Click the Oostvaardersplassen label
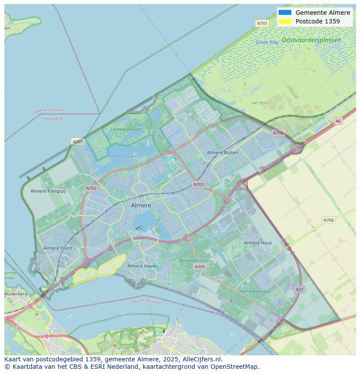point(311,40)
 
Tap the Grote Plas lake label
point(267,43)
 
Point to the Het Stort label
point(260,103)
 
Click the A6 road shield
point(338,121)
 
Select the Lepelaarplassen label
point(126,129)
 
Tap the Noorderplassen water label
point(122,156)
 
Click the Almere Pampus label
point(48,191)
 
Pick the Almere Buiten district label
point(223,152)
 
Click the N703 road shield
point(198,185)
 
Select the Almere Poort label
point(58,248)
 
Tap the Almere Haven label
point(143,266)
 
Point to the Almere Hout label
point(257,243)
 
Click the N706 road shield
point(328,220)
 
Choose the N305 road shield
point(200,267)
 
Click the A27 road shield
point(299,289)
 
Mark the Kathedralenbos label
point(255,291)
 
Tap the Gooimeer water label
point(125,315)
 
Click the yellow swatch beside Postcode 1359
point(285,21)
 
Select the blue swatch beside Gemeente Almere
point(285,13)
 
